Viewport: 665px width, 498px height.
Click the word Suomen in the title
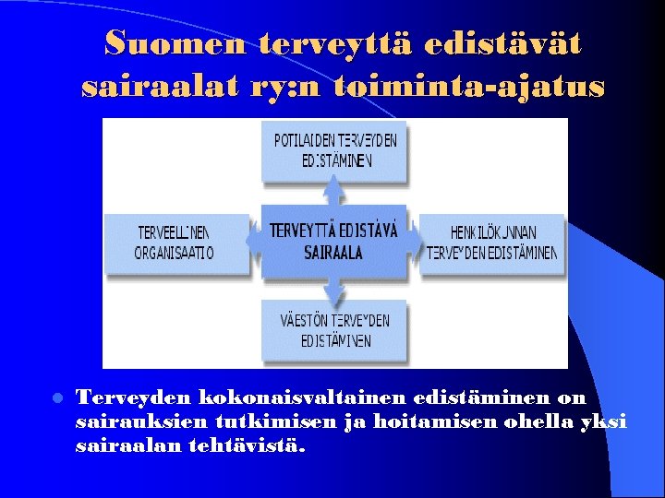coord(175,42)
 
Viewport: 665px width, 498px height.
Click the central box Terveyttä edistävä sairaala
coord(333,241)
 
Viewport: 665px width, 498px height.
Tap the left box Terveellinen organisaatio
coord(175,243)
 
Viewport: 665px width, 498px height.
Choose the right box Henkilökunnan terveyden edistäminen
coord(493,243)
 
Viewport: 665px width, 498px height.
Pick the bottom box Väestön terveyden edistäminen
coord(335,331)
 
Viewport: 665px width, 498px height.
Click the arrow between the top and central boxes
coord(333,192)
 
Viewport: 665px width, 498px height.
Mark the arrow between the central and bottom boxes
coord(333,290)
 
